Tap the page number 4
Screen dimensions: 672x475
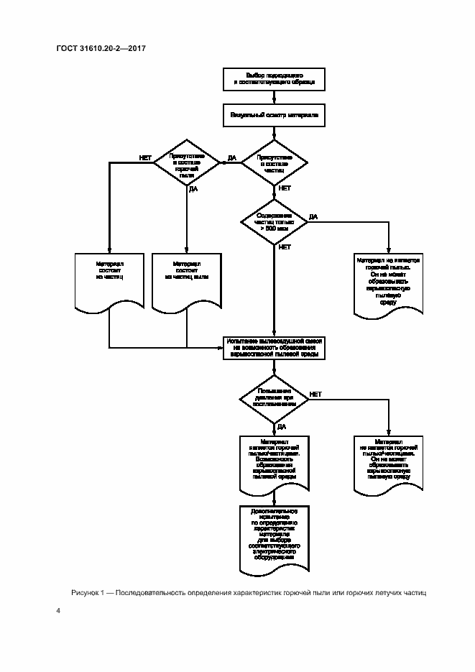[58, 611]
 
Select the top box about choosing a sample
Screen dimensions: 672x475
[275, 79]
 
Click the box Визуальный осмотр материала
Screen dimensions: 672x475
[275, 114]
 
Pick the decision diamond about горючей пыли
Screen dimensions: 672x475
[187, 163]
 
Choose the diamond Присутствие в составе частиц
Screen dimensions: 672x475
[275, 163]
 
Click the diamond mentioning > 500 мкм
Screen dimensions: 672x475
[275, 221]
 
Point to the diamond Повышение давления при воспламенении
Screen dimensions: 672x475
[275, 399]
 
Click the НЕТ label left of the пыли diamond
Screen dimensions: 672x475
[145, 157]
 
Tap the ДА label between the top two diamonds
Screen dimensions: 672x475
[231, 157]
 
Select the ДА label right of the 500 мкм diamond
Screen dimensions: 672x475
[313, 216]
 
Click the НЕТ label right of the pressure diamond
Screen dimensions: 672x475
[315, 394]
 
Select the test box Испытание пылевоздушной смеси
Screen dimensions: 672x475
[275, 347]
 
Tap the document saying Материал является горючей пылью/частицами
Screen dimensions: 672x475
[275, 464]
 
